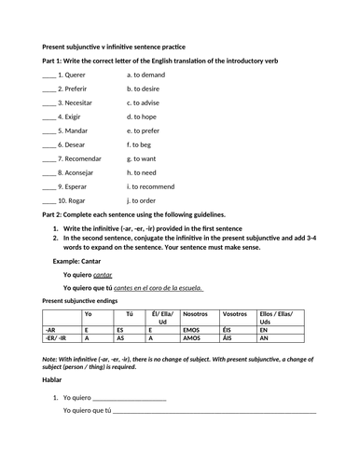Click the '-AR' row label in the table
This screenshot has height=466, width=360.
[50, 330]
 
